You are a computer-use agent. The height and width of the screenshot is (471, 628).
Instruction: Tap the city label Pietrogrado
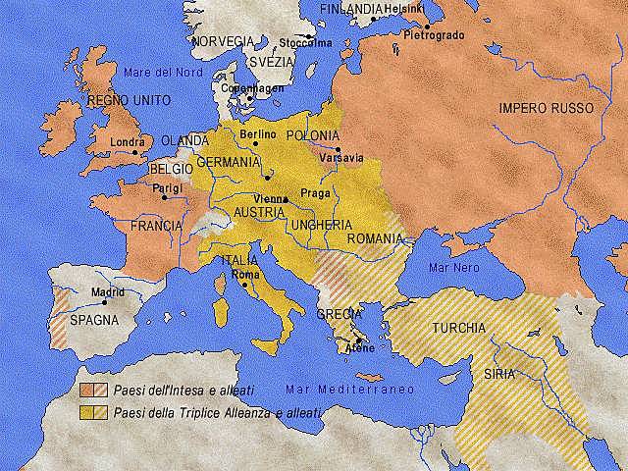tap(433, 34)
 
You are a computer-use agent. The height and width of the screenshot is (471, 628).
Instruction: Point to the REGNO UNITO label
tap(129, 100)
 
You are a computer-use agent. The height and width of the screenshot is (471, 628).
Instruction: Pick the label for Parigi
tap(166, 186)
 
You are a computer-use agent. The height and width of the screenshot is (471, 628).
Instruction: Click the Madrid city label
tap(108, 292)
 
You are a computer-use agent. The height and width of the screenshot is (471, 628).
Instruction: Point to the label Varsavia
tap(342, 157)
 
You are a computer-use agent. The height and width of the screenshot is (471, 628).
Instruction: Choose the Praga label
tap(315, 192)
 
